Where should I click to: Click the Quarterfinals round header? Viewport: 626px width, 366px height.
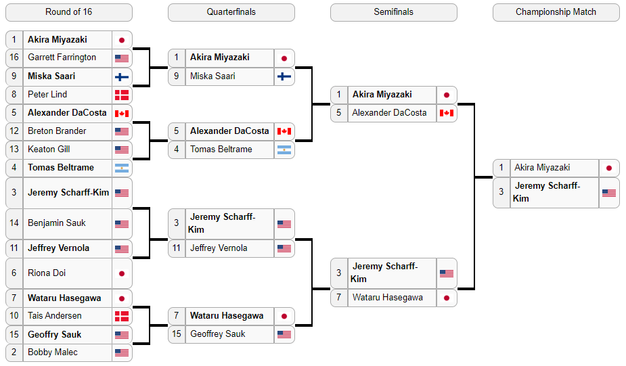231,12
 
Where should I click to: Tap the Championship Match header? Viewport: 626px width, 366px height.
556,12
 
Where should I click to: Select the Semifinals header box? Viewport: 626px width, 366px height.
394,12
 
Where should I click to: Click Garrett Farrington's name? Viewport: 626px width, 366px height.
62,58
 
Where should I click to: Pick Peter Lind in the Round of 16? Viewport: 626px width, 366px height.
47,95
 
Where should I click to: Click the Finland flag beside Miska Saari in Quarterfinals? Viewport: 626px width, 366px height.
284,76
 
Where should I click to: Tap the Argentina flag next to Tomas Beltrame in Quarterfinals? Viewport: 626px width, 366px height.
284,150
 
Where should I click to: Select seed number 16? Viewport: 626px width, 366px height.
14,58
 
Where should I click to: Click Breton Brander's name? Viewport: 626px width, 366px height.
57,131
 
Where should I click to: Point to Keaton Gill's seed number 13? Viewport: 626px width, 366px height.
14,150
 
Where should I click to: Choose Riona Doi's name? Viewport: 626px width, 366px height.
47,273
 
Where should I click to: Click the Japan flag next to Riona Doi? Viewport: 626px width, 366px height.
122,274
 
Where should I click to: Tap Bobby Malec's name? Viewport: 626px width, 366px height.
53,352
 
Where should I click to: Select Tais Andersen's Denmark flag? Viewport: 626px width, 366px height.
122,317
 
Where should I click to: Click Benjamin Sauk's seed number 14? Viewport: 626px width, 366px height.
14,223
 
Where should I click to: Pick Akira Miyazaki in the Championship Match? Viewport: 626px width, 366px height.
542,168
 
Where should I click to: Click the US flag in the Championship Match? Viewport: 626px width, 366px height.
609,193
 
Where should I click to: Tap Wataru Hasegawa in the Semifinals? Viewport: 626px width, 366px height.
387,298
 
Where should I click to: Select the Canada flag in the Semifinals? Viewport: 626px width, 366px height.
447,114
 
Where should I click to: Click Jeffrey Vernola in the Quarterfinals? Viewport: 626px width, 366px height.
219,248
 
